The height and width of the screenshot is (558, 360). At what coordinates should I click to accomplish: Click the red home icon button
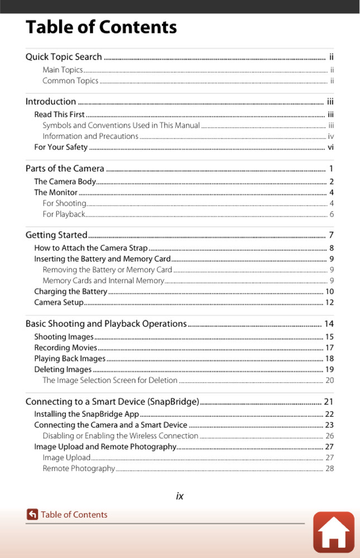click(333, 532)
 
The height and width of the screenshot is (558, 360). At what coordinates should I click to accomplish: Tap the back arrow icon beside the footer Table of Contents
click(32, 514)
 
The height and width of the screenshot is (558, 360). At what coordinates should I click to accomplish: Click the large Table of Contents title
click(101, 27)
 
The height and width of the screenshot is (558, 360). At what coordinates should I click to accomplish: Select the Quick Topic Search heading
click(64, 57)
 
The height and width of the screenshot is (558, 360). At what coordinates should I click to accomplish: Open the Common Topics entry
click(70, 81)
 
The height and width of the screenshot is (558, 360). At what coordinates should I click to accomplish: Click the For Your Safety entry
click(61, 147)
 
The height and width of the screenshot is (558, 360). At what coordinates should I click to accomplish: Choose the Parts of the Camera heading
click(65, 169)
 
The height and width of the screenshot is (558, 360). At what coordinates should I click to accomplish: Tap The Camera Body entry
click(65, 181)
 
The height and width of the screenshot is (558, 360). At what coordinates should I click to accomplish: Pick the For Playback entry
click(64, 214)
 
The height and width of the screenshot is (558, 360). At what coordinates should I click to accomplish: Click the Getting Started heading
click(56, 235)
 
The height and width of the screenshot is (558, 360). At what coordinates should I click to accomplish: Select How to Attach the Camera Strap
click(90, 248)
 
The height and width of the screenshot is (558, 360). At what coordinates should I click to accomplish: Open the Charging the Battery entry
click(70, 291)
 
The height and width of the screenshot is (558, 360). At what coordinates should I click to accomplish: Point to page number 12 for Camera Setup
click(329, 302)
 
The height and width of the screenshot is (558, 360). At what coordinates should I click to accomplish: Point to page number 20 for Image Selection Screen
click(329, 381)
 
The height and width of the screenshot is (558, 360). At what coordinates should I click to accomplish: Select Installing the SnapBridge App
click(87, 414)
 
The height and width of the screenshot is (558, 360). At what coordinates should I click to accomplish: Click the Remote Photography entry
click(79, 469)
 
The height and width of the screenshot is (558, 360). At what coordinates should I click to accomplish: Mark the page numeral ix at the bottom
click(180, 496)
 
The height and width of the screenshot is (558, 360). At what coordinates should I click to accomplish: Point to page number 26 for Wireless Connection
click(329, 436)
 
